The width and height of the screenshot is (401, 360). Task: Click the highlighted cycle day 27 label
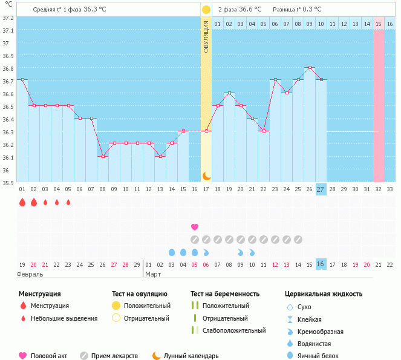(321, 189)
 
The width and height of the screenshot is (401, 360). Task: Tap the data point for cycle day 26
(309, 67)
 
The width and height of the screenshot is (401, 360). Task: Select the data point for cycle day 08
(103, 156)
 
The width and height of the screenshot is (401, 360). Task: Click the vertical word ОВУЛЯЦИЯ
(206, 36)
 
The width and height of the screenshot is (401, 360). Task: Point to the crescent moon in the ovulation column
(206, 175)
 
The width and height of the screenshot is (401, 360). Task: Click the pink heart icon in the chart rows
(195, 227)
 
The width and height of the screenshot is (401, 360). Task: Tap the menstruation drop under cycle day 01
(22, 203)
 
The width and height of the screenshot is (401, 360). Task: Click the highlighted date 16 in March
(321, 264)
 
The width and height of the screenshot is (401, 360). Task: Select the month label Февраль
(30, 274)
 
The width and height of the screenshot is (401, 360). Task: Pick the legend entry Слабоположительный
(234, 330)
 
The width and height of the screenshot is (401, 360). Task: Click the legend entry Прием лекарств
(114, 356)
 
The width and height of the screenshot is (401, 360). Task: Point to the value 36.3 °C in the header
(99, 10)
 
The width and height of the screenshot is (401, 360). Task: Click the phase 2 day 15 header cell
(378, 24)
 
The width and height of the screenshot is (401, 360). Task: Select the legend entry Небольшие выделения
(64, 318)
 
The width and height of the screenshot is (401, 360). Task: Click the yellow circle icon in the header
(206, 10)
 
